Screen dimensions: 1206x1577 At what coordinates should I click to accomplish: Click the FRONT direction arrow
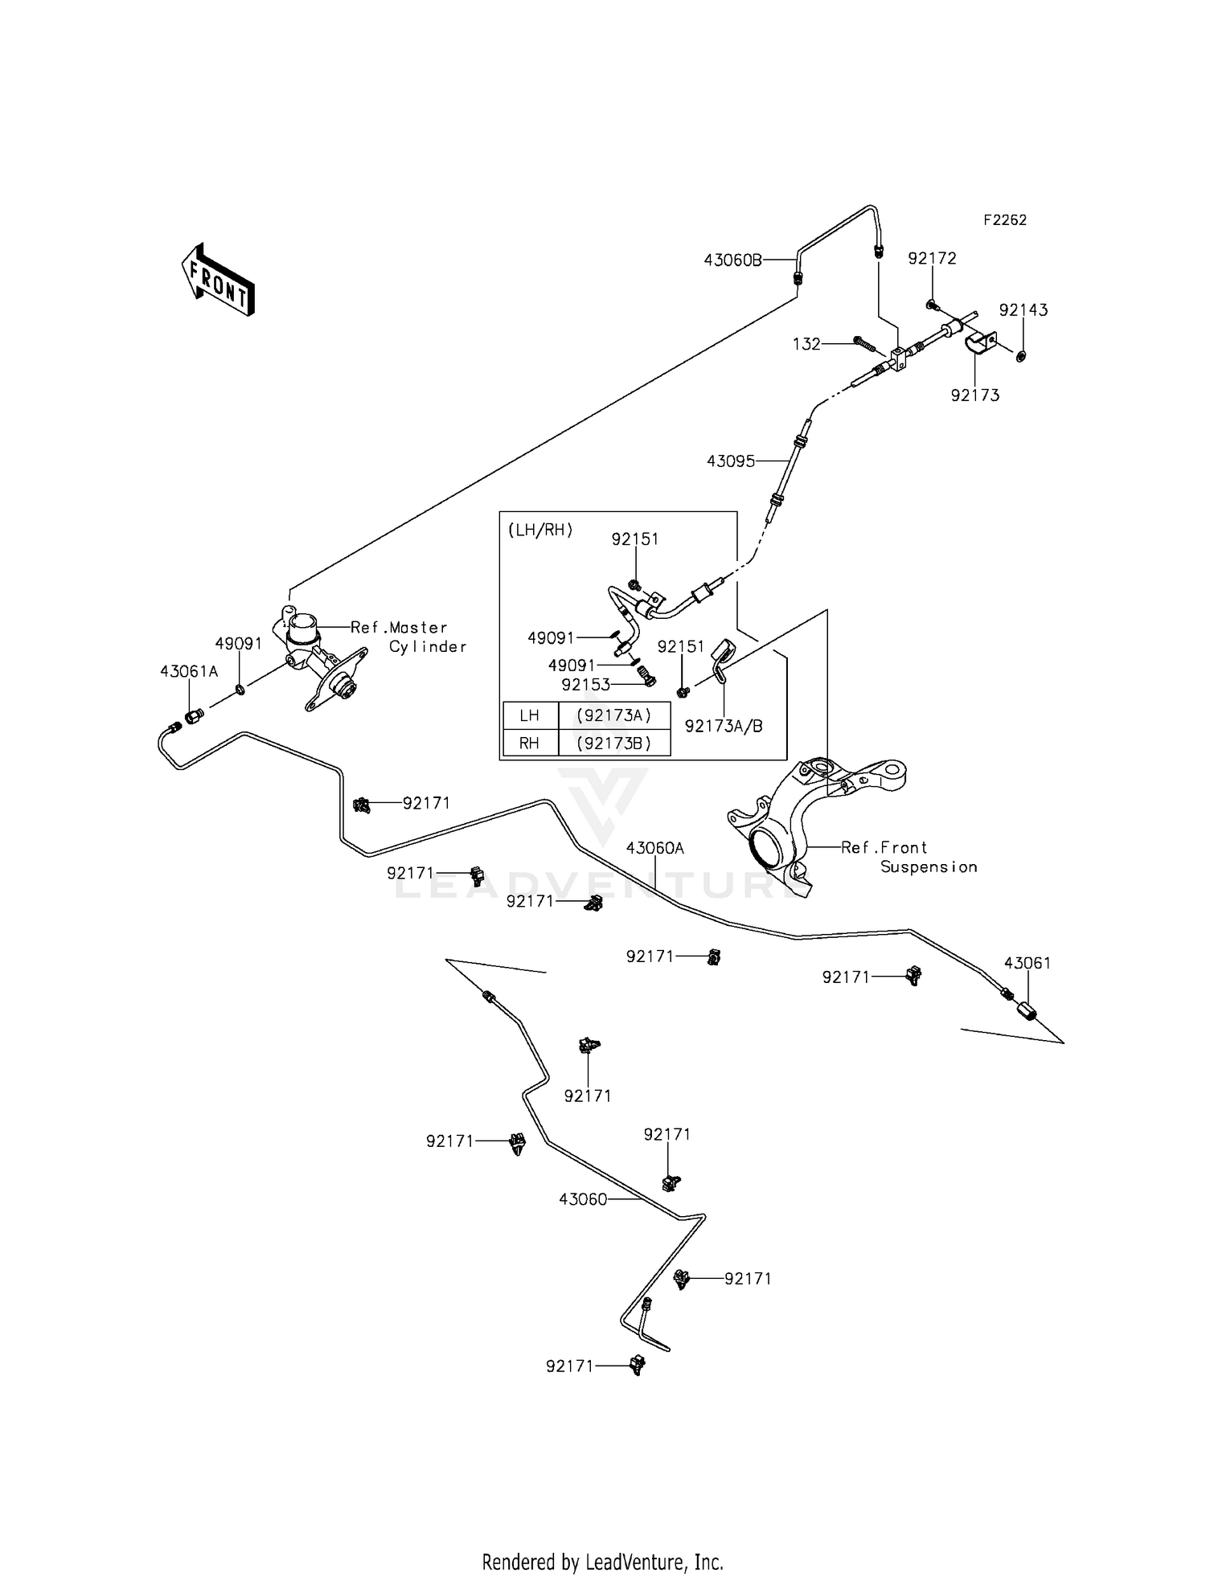217,279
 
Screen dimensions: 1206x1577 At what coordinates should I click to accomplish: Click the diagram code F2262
1005,219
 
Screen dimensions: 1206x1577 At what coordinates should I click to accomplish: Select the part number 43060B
732,260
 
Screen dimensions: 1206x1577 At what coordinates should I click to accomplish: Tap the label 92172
932,258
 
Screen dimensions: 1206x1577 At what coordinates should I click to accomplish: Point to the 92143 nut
1021,355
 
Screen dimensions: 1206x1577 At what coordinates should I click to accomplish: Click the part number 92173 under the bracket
974,395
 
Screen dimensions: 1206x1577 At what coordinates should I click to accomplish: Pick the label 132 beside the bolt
806,344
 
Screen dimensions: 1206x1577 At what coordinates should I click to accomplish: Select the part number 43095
731,461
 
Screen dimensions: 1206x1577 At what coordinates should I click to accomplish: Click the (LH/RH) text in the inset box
540,530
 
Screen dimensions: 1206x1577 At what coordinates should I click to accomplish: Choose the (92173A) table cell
614,715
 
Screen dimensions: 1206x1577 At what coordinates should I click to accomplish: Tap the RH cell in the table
530,743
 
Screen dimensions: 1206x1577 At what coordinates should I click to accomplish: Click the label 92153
585,685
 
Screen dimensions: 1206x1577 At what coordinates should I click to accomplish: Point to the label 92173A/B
724,726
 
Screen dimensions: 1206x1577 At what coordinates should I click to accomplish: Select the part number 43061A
189,671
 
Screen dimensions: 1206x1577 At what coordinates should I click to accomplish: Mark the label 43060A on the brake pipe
655,848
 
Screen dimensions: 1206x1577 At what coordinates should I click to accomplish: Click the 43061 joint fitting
1027,1010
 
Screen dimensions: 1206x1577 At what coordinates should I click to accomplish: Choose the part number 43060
583,1199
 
